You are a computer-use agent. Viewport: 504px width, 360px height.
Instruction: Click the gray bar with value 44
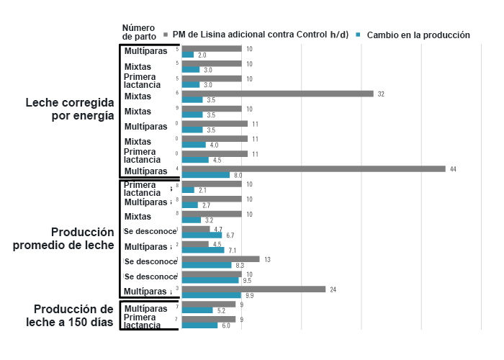[x=314, y=168]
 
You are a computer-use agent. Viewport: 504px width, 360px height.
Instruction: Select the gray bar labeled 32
[x=278, y=94]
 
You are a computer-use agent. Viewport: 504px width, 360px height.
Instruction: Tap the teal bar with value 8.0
[x=206, y=175]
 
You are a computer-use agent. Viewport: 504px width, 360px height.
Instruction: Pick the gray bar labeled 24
[x=253, y=289]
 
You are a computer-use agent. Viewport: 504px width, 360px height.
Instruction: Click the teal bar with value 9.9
[x=212, y=295]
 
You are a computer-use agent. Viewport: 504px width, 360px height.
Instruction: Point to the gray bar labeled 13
[x=220, y=258]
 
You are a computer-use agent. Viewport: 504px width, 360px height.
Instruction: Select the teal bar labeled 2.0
[x=188, y=55]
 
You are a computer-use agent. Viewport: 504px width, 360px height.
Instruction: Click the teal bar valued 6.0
[x=199, y=325]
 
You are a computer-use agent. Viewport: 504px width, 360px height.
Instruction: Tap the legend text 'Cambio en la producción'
[x=418, y=35]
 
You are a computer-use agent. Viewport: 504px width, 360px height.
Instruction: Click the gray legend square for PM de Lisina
[x=166, y=35]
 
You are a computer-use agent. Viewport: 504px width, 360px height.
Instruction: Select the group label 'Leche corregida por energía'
[x=69, y=109]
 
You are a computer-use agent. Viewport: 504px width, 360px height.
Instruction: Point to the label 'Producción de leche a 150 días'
[x=69, y=315]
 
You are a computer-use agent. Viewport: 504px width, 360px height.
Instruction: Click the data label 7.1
[x=233, y=251]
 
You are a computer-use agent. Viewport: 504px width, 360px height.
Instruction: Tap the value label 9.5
[x=247, y=281]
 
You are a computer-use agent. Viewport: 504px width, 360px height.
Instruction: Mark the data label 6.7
[x=230, y=235]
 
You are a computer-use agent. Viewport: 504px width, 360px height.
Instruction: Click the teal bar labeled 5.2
[x=198, y=310]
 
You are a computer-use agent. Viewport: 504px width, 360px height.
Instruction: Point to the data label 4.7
[x=218, y=229]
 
